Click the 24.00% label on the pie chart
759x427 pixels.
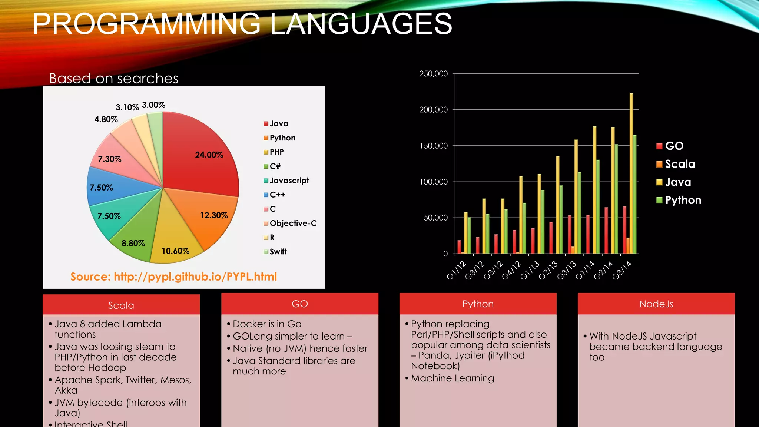209,155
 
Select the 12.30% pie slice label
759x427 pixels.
214,215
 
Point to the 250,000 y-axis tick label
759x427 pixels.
433,74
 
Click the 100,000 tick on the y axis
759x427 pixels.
433,182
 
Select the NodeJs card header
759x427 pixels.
656,304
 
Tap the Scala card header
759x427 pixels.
121,305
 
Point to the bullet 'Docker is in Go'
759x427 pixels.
267,324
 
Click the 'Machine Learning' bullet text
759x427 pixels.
453,378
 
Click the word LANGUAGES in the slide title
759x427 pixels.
361,24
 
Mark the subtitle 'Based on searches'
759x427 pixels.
114,79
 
